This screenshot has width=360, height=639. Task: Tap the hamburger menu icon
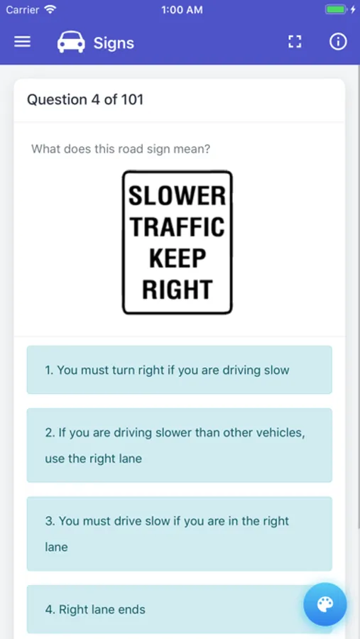click(23, 42)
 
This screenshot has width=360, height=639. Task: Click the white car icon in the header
click(71, 42)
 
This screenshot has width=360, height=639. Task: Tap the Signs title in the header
click(114, 43)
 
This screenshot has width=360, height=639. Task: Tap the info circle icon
click(338, 42)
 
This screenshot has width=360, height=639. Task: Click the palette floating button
click(325, 604)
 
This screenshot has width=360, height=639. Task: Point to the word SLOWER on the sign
click(177, 196)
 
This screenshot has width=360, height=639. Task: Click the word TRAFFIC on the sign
click(177, 226)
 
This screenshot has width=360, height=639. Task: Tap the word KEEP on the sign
click(177, 258)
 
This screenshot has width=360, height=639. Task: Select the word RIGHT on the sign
click(177, 290)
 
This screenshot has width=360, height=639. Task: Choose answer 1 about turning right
click(180, 370)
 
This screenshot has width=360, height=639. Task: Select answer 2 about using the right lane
click(180, 445)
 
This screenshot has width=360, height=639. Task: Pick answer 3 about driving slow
click(180, 533)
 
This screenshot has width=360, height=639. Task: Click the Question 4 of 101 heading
click(85, 100)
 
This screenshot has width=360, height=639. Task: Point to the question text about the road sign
click(121, 149)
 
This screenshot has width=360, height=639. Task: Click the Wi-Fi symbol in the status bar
click(50, 9)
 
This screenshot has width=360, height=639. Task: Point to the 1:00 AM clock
click(182, 10)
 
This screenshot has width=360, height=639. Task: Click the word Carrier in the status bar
click(23, 10)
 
